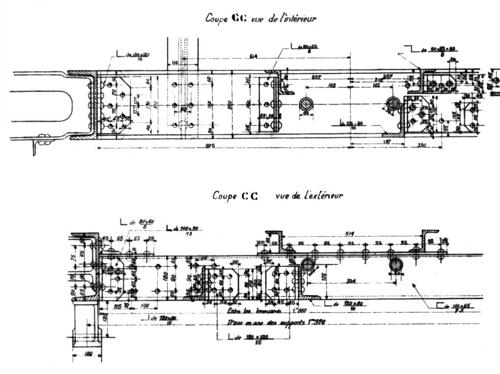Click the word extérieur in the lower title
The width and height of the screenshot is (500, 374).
[x=322, y=195]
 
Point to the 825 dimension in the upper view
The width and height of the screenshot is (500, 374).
[x=211, y=145]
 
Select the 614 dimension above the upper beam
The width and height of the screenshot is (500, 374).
[x=253, y=56]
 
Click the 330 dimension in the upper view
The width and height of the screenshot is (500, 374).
[x=422, y=145]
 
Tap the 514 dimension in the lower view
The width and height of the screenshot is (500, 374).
[x=351, y=234]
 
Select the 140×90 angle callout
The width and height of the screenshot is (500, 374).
[x=190, y=229]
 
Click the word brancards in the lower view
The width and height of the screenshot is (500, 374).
[x=262, y=311]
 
